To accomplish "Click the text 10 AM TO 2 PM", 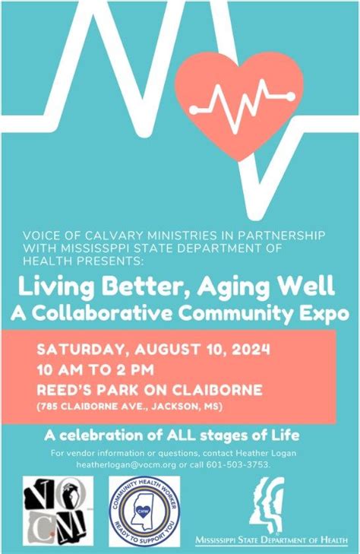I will point(96,371).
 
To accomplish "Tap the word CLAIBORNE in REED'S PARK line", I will point(221,391).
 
